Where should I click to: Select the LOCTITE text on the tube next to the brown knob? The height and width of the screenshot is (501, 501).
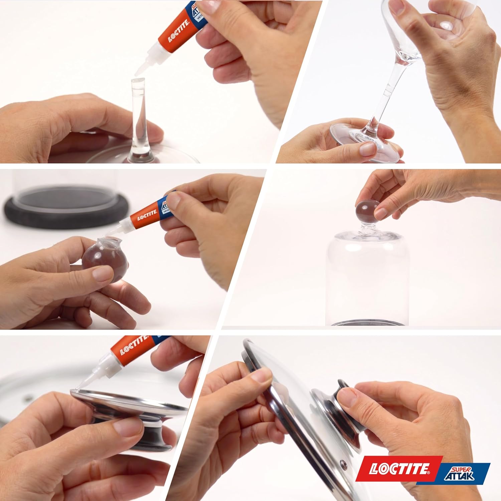pyautogui.click(x=147, y=216)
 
